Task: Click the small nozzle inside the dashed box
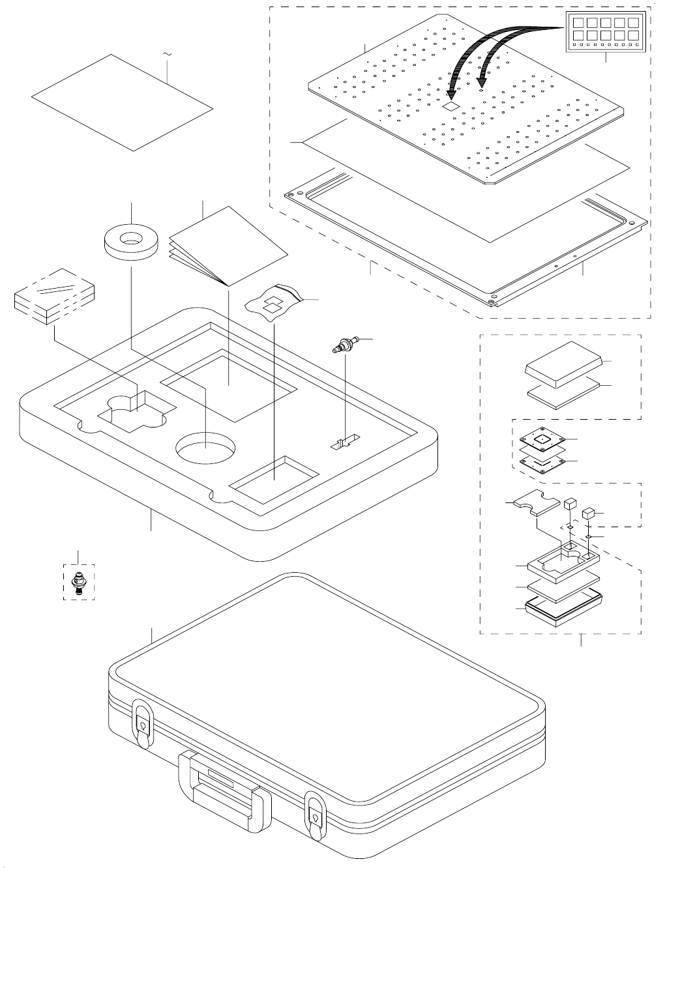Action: (x=80, y=582)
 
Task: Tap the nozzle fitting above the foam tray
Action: (x=345, y=343)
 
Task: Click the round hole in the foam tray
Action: (x=205, y=448)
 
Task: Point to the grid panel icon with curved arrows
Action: (x=606, y=33)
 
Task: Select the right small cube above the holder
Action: (x=589, y=513)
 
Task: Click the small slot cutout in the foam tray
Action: (x=343, y=444)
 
